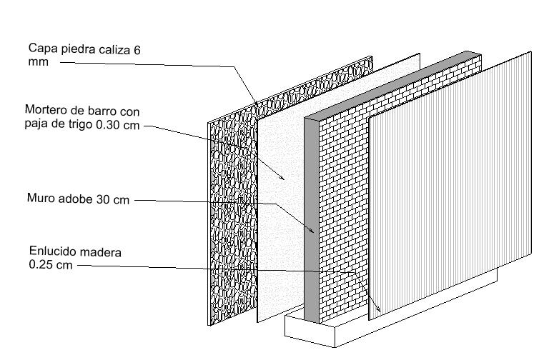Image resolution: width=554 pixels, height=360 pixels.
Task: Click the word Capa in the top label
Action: (41, 49)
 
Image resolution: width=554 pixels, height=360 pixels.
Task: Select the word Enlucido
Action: (53, 252)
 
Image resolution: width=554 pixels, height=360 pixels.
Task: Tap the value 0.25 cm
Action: (50, 264)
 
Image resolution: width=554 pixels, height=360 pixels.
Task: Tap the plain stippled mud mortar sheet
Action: (282, 214)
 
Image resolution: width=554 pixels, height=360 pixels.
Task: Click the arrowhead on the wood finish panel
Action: (375, 308)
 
